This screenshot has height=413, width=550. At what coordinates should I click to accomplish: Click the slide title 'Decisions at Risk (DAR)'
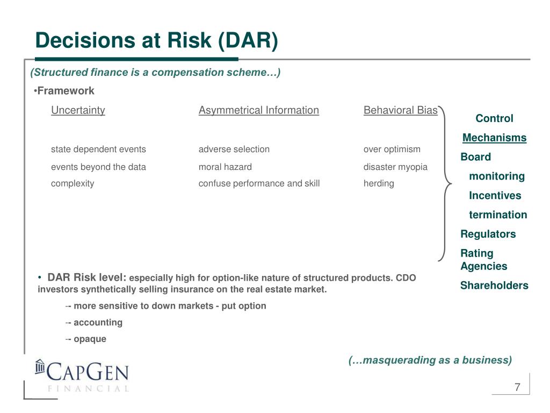click(156, 40)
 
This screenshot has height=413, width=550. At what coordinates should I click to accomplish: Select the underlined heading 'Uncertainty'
click(78, 110)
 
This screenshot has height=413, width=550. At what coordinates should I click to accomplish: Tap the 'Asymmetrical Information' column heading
click(259, 110)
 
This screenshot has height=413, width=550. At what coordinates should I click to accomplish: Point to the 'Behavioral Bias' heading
click(401, 110)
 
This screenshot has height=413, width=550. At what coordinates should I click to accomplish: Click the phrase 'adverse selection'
click(234, 149)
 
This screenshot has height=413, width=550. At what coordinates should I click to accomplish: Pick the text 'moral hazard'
click(225, 167)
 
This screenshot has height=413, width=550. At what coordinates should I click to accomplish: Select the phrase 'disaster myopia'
click(395, 167)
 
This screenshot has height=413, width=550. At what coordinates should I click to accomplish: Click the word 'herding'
click(379, 184)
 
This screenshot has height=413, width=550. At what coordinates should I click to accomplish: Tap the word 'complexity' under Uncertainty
click(73, 184)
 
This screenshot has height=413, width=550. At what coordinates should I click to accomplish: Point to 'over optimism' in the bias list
click(392, 149)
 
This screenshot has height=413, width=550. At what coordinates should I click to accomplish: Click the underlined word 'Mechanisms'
click(494, 138)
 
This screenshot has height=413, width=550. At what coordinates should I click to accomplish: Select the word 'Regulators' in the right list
click(488, 234)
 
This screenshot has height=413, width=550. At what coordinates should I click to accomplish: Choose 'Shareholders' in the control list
click(494, 285)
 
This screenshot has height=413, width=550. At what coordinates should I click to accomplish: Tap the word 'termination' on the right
click(498, 215)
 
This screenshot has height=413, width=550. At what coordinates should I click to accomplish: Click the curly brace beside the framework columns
click(445, 184)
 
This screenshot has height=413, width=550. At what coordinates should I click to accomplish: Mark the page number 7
click(517, 387)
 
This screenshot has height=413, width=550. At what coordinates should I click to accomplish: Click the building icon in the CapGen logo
click(40, 367)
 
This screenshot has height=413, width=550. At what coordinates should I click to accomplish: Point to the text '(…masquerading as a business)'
click(430, 360)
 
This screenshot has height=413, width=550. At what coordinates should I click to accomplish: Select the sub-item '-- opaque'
click(85, 339)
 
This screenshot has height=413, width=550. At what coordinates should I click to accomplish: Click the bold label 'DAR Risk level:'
click(87, 277)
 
